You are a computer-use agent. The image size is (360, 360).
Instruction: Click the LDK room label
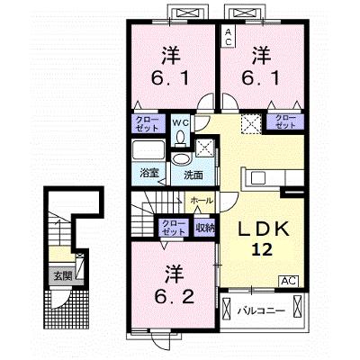pos(264,229)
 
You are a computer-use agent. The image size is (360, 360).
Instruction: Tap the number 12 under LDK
pos(262,249)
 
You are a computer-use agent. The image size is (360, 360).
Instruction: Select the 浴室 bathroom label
pos(148,173)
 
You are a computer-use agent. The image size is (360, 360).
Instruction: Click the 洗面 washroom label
pos(193,175)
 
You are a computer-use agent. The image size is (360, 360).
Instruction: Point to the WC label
pos(180,123)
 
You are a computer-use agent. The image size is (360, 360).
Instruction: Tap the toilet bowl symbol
pos(181,139)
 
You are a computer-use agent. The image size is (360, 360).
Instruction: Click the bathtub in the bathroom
pos(148,150)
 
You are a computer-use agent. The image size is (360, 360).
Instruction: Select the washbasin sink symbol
pos(182,159)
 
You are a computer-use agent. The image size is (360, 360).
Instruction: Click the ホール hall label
pos(202,201)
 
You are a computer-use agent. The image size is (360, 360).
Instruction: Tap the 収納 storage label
pos(205,228)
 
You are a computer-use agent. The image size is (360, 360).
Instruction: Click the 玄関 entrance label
pos(63,276)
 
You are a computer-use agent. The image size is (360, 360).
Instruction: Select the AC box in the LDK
pos(290,281)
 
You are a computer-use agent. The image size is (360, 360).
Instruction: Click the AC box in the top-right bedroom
pos(229,37)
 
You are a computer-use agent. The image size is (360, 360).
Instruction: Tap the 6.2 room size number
pos(175,297)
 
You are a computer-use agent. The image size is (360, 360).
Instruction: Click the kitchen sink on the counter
pos(258,178)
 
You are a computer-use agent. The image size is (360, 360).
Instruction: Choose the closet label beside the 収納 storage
pos(173,228)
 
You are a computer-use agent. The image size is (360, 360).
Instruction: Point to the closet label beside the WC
pos(148,123)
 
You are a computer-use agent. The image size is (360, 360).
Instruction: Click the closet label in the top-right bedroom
pos(285,121)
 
